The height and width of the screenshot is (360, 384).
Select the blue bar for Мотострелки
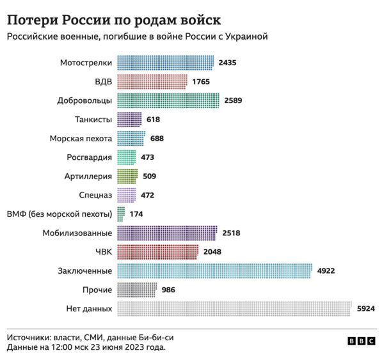[165, 63]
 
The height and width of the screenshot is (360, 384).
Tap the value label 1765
[201, 82]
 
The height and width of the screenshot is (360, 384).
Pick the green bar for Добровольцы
[168, 100]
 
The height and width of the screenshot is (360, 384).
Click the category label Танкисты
[93, 120]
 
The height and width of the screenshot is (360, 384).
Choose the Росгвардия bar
[127, 157]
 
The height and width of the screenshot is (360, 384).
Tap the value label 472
[147, 195]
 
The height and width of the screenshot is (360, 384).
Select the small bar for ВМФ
[120, 214]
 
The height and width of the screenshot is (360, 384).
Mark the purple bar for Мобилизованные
[167, 233]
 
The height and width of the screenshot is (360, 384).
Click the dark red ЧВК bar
[157, 251]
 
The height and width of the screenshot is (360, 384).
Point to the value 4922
[326, 270]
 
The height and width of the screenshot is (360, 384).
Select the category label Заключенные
[85, 270]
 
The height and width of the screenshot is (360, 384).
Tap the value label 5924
[365, 309]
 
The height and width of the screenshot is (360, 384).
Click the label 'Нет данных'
[89, 309]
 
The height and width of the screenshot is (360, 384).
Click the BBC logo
[362, 342]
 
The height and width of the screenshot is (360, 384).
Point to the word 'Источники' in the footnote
[28, 337]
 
